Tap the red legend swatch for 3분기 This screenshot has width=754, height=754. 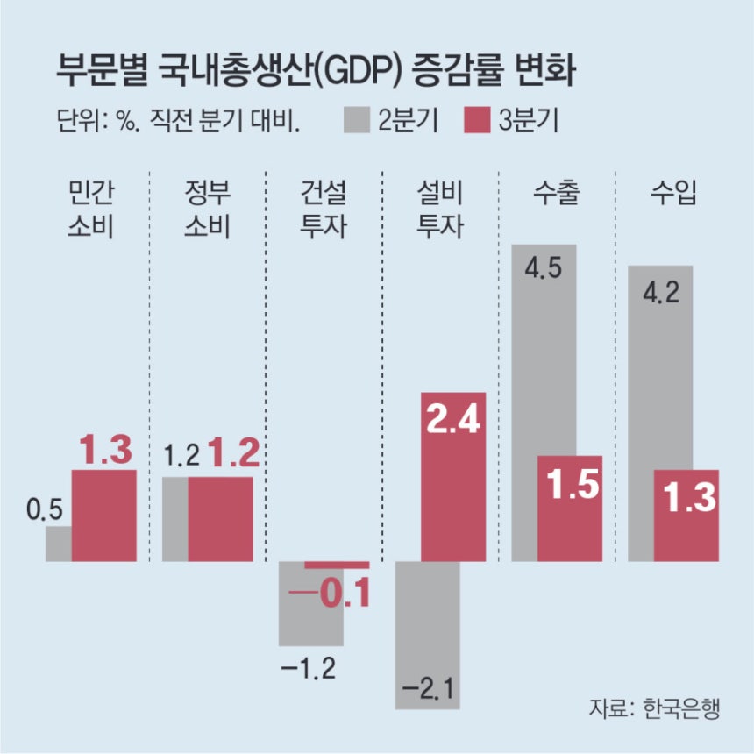coord(473,119)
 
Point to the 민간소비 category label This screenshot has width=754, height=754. coord(92,210)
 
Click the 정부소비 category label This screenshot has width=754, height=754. coord(208,210)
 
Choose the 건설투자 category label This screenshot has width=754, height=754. coord(324,210)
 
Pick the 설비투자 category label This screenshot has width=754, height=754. coord(440,210)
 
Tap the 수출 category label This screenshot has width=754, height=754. coord(556,194)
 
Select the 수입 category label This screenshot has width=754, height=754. coord(673,194)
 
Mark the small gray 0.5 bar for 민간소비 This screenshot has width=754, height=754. coord(58,544)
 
